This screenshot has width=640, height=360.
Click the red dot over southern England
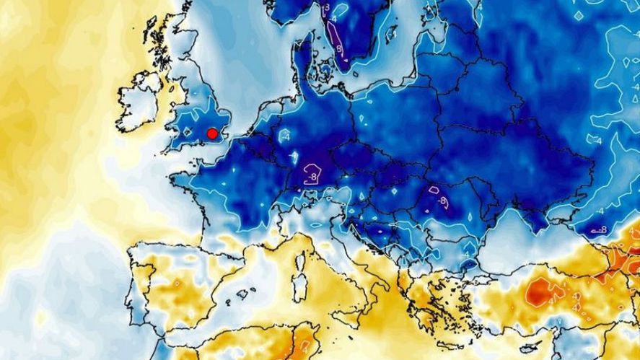(212, 133)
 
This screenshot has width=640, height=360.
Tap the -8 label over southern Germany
(312, 175)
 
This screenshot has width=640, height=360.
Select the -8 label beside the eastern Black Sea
(599, 230)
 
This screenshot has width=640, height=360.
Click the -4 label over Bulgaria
(467, 253)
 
